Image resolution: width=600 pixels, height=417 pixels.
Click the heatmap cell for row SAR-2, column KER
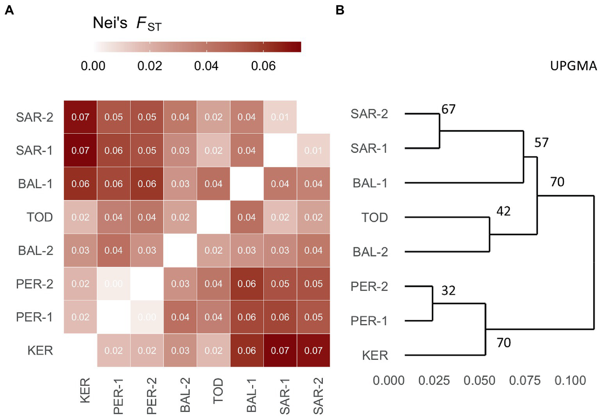tap(80, 117)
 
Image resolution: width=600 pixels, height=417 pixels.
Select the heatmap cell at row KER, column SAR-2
tap(313, 350)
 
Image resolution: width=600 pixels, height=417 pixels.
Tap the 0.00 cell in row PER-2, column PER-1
tap(113, 284)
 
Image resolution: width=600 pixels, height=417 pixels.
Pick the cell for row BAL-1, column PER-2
tap(147, 183)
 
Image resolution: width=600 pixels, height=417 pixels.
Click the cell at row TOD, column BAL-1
tap(247, 217)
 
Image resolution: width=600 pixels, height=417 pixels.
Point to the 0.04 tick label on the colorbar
tap(206, 66)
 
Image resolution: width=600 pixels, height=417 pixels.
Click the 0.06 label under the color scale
tap(263, 66)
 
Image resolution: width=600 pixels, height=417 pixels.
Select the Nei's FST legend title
tap(127, 23)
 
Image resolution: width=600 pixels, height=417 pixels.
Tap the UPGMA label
tap(573, 66)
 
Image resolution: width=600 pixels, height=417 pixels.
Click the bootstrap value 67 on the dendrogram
tap(448, 109)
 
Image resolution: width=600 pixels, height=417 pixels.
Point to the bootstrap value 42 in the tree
tap(503, 211)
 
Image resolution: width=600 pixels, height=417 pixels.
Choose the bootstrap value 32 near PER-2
tap(448, 291)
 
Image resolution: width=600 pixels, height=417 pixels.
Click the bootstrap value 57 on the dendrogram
tap(541, 142)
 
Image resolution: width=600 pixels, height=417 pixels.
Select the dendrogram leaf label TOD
tap(374, 217)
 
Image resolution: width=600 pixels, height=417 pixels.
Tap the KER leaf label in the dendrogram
tap(374, 355)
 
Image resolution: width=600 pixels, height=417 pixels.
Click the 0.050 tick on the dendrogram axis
tap(479, 380)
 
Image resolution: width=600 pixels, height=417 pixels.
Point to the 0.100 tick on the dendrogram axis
tap(570, 380)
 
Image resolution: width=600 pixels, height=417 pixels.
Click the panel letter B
tap(340, 10)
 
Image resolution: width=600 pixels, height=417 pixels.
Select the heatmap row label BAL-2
tap(35, 250)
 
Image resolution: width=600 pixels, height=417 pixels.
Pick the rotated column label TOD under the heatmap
tap(218, 390)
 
